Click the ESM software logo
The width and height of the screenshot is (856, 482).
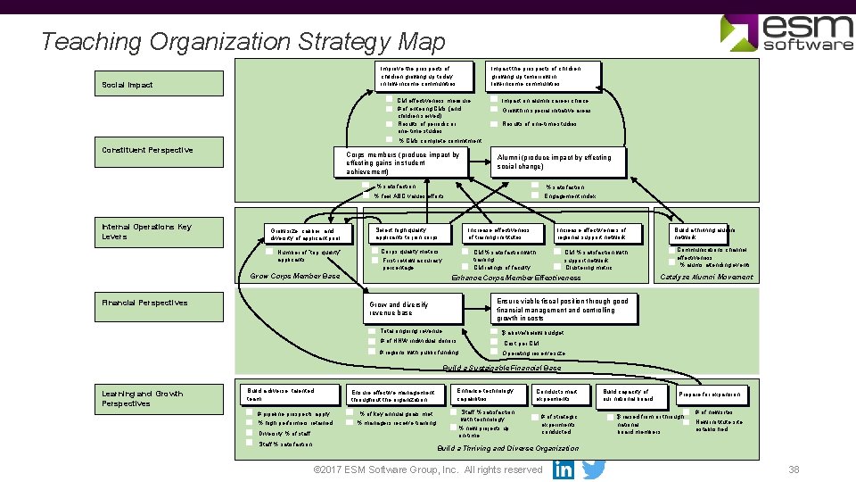click(x=787, y=32)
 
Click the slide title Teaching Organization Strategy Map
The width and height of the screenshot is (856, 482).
click(x=243, y=41)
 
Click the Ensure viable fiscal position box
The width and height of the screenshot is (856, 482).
click(x=566, y=310)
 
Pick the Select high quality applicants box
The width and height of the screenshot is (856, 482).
click(x=408, y=233)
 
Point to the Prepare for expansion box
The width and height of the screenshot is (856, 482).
click(x=712, y=395)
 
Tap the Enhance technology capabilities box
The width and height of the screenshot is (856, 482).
click(x=489, y=395)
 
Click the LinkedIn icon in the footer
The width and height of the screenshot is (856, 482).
click(x=564, y=470)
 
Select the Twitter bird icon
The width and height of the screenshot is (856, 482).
click(x=594, y=470)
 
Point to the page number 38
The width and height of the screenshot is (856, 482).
click(x=794, y=470)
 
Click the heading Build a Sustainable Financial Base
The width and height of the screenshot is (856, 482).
click(x=502, y=369)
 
